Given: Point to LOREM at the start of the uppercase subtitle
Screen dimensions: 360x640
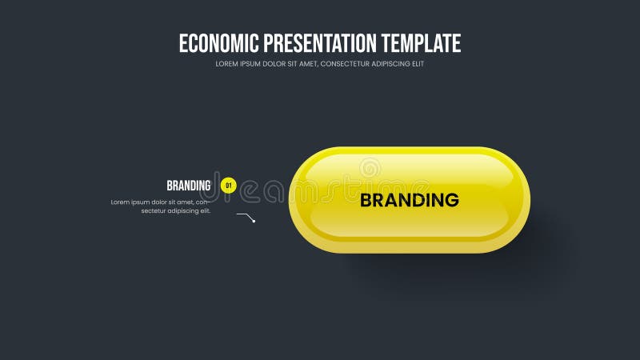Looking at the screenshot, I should (x=226, y=64).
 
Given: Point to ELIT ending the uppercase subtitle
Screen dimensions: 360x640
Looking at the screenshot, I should (x=418, y=64).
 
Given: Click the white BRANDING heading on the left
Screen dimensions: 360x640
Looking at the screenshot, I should (x=189, y=186).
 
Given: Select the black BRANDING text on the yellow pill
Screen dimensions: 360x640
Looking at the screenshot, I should (x=409, y=200).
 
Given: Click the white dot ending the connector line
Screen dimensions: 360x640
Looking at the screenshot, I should (x=254, y=221).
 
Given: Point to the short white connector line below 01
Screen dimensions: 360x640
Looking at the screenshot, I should (x=244, y=216).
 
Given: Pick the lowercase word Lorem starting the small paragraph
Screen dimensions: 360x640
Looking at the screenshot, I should (x=120, y=202).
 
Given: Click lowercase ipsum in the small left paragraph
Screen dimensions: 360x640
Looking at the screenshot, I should (x=141, y=202).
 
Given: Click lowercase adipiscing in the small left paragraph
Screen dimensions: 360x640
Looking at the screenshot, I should (x=189, y=211).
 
